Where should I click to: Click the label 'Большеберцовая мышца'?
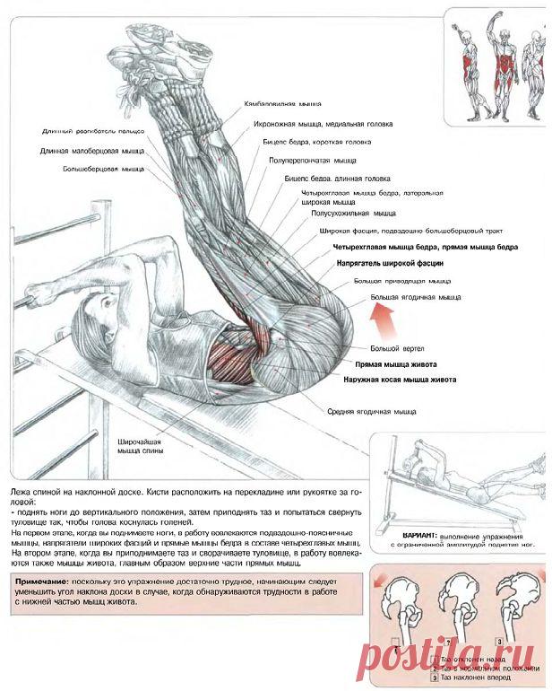click(104, 168)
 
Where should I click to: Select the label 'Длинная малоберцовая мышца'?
click(92, 151)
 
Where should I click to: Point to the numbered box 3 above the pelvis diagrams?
click(498, 643)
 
